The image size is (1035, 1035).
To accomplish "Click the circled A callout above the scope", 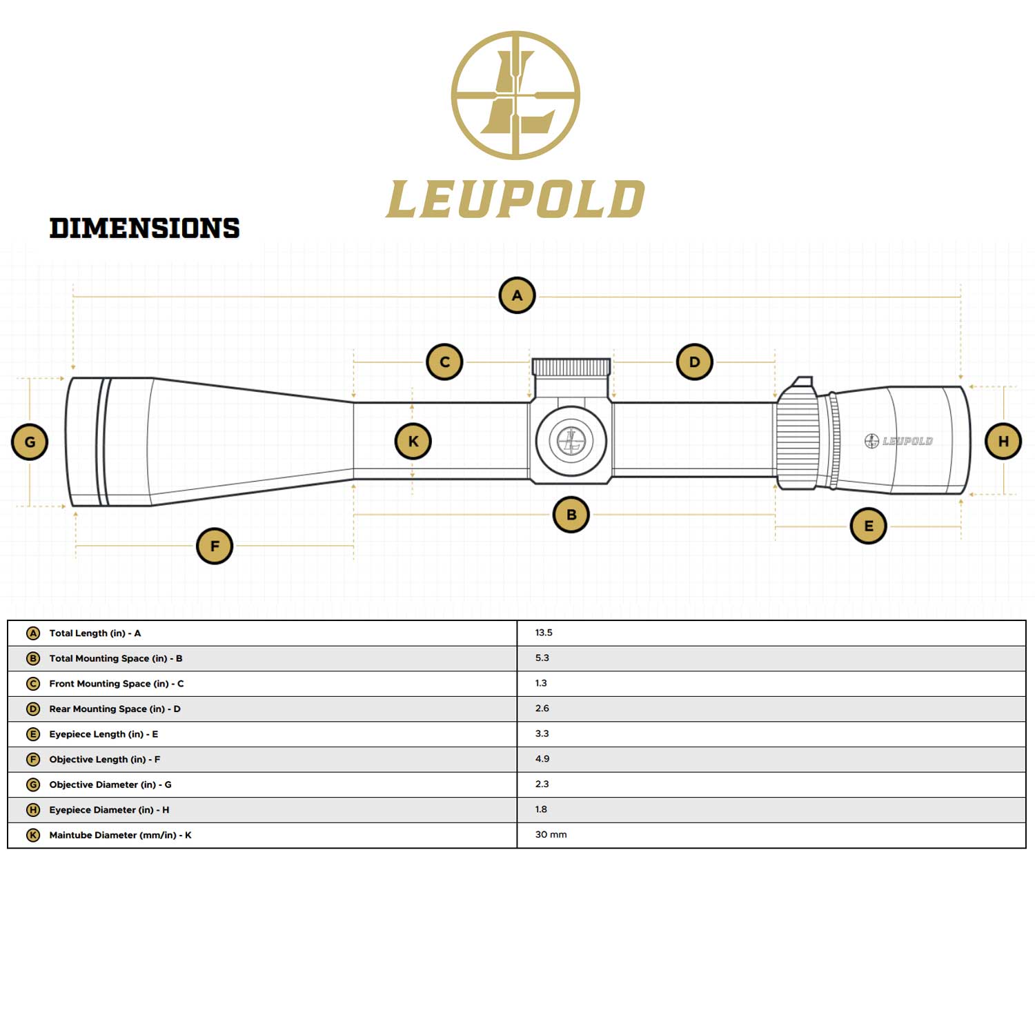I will (x=517, y=295).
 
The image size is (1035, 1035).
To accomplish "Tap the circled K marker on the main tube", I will (x=413, y=442).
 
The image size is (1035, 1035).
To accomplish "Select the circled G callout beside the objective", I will (x=30, y=442).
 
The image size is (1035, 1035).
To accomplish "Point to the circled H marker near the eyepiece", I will (x=1003, y=441).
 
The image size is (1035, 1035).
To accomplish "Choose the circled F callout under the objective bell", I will (x=215, y=546).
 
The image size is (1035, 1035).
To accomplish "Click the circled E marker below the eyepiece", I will (x=868, y=526).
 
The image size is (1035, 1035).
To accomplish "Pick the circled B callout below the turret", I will (x=571, y=514).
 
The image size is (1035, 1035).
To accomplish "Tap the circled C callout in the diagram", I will (x=444, y=362).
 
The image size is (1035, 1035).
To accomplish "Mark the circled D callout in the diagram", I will (x=694, y=362).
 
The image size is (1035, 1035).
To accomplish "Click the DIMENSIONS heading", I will (x=144, y=228).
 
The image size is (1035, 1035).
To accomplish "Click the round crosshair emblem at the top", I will (x=515, y=95).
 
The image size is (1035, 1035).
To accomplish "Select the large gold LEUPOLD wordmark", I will (x=515, y=199).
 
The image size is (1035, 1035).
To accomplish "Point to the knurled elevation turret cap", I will (x=571, y=367).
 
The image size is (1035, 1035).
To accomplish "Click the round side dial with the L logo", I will (x=571, y=440).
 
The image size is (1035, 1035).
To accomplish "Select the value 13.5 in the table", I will (x=544, y=633).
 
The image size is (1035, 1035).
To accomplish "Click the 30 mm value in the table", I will (x=551, y=835).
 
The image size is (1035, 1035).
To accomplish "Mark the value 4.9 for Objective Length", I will (x=542, y=759).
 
